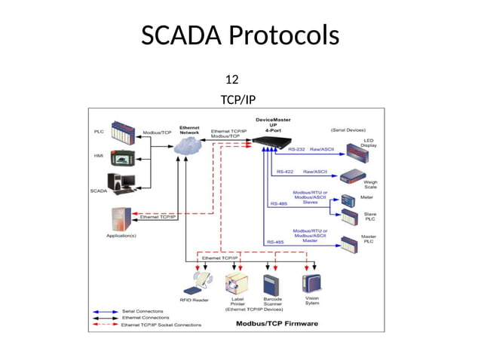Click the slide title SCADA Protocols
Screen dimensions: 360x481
coord(240,35)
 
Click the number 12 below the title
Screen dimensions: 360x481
coord(232,79)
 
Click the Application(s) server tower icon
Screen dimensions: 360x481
coord(120,218)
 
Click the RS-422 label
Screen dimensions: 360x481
coord(285,172)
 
